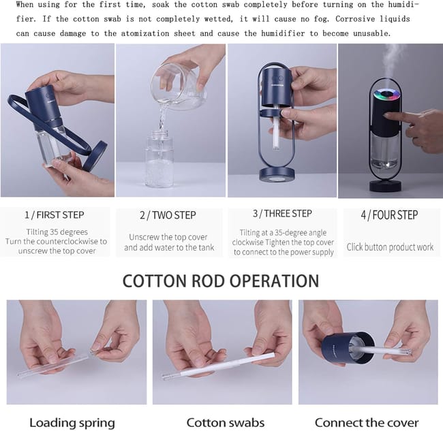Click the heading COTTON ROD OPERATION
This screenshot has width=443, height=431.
pos(221,281)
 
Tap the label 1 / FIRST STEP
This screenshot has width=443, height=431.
pos(55,215)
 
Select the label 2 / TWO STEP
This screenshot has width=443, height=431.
pos(168,215)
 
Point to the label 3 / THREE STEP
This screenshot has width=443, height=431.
pos(282,214)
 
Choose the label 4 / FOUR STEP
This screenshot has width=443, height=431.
pos(389,215)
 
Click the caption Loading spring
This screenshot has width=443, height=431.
pos(72,423)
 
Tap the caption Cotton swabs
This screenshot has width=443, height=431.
pos(226,423)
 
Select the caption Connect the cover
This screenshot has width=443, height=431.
pos(367,423)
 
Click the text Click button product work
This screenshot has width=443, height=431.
pos(390,247)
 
